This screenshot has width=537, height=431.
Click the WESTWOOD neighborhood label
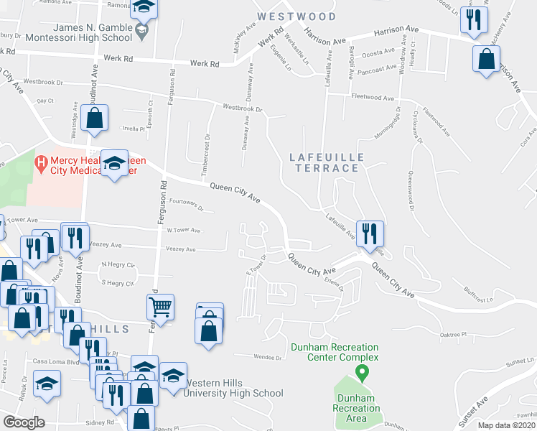coord(296,16)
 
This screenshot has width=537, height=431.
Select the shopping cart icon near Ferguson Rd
coord(161,307)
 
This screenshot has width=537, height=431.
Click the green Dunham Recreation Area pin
coord(363,374)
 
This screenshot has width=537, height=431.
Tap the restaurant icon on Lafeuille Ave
coord(370,233)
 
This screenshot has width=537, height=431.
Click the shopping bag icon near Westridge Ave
coord(94,118)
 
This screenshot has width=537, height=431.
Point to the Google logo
coord(23,422)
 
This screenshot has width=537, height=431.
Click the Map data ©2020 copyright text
coord(507,425)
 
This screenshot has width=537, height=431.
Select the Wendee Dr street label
coord(267,356)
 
